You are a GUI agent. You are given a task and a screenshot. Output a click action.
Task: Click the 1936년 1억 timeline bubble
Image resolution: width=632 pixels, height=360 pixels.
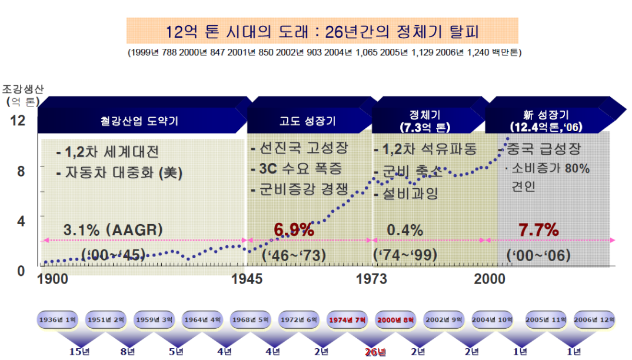57,319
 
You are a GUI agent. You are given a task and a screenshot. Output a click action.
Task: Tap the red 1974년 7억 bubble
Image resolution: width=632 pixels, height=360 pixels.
347,319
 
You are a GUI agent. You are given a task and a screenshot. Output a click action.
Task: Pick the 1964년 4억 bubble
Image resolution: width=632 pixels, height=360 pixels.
202,319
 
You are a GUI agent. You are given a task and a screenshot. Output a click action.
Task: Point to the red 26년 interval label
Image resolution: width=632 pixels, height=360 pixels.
375,352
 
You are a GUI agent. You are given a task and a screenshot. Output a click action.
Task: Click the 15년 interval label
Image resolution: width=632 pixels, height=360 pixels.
79,352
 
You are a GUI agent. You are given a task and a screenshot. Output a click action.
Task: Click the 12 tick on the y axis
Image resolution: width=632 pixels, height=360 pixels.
18,121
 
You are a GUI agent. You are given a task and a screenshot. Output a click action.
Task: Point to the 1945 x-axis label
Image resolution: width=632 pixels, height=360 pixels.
247,279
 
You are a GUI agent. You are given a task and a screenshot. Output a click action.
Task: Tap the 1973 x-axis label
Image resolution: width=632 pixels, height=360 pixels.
372,279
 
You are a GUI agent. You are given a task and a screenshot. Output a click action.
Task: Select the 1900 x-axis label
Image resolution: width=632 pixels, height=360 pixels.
53,279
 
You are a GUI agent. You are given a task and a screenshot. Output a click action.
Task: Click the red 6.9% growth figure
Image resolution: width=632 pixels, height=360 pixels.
294,229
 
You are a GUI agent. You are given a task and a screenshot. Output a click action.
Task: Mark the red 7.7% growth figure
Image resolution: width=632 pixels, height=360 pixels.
538,230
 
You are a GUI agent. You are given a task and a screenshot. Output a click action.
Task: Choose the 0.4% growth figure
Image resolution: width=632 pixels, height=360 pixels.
405,230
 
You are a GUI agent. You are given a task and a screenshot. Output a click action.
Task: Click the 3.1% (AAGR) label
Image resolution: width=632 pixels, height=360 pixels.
113,230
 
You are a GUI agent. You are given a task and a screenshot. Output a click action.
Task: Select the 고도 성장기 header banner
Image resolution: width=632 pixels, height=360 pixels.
307,121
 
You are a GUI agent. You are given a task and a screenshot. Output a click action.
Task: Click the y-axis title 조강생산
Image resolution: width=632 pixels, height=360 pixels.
22,89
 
